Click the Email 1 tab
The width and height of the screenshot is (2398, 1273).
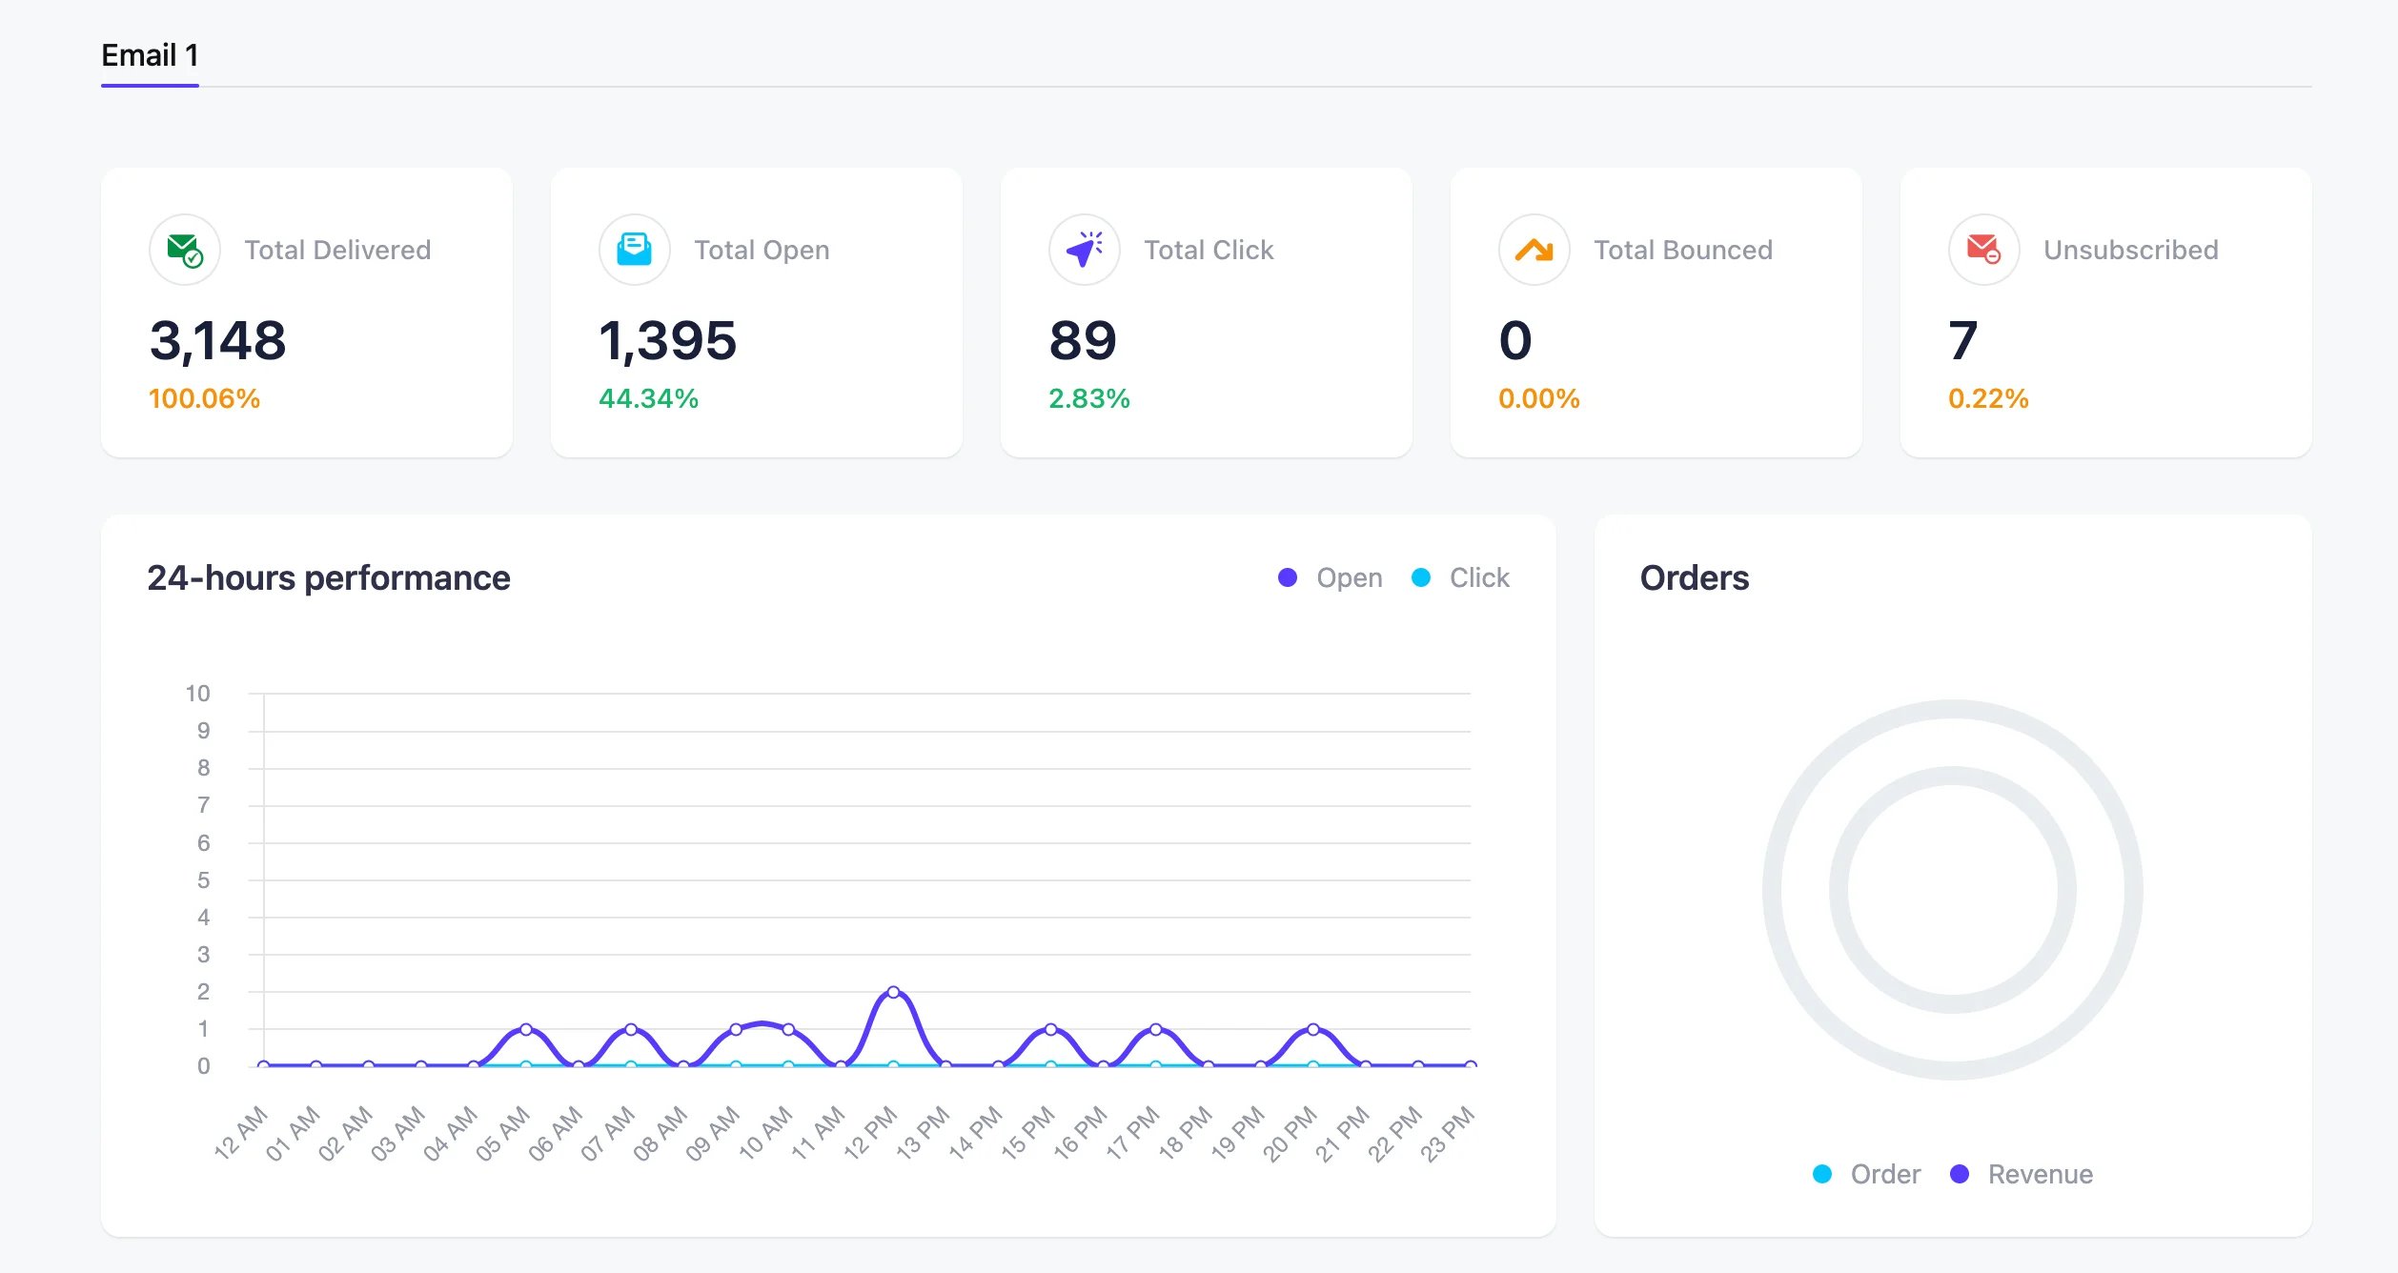click(150, 55)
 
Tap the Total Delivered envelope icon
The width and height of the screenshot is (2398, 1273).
click(184, 250)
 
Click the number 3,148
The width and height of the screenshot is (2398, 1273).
click(217, 340)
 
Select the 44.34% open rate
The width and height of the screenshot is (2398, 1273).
click(648, 398)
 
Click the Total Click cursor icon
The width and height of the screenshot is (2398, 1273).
click(1084, 250)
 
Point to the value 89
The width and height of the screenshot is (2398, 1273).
click(1082, 340)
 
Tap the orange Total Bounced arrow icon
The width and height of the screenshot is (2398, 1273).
click(1534, 250)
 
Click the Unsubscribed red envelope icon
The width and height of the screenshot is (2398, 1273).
click(1983, 250)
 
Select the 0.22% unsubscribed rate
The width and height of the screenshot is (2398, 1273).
click(1988, 398)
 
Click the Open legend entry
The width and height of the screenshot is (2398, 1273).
click(1331, 577)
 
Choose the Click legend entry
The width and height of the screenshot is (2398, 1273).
click(1461, 577)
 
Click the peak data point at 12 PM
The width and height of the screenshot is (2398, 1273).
click(893, 992)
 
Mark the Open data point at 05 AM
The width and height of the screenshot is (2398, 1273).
click(526, 1029)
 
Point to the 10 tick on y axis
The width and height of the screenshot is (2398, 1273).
click(197, 693)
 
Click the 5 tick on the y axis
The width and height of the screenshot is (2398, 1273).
click(203, 879)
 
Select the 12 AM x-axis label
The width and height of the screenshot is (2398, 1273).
click(240, 1134)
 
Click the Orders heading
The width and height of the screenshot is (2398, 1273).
click(1694, 577)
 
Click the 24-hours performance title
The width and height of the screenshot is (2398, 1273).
click(328, 577)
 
